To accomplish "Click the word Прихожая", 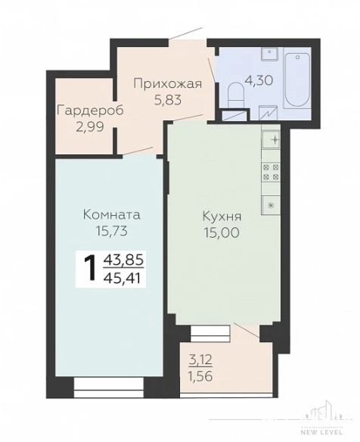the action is click(168, 84).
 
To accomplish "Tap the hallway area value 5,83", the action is click(168, 99).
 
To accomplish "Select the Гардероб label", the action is click(90, 110).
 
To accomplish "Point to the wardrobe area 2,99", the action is click(90, 126).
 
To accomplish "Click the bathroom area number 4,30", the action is click(259, 80).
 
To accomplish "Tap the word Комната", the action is click(112, 215).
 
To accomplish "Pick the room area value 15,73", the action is click(112, 231).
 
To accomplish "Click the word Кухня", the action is click(222, 216).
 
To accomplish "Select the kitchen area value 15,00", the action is click(222, 232).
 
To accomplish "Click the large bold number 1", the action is click(91, 269).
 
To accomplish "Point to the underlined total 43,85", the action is click(124, 260).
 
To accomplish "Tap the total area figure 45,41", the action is click(123, 279).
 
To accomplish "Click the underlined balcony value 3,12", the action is click(200, 360).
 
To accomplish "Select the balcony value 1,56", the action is click(200, 375).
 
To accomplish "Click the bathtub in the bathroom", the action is click(297, 79).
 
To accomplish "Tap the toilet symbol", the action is click(235, 92).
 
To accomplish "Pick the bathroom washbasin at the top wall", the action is click(270, 54).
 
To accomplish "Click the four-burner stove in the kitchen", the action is click(271, 173).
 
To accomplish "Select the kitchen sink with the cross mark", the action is click(271, 140).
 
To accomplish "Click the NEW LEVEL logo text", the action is click(322, 439).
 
